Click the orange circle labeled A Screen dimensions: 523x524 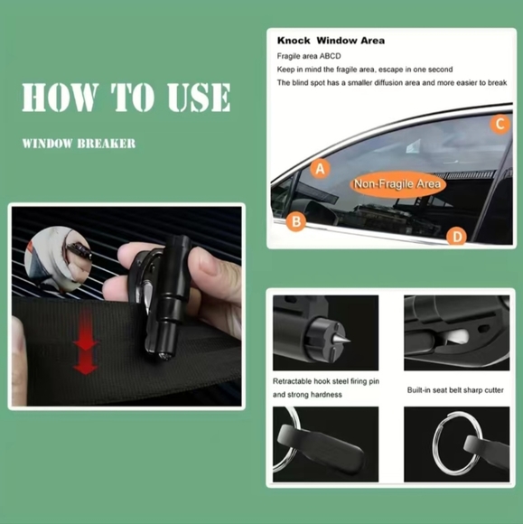coord(320,168)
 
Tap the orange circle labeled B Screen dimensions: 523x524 coord(296,221)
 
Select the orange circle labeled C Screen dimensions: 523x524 coord(500,124)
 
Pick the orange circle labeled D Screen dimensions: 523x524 coord(456,236)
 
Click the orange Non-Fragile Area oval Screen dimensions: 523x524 coord(397,183)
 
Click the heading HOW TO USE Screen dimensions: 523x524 coord(126,98)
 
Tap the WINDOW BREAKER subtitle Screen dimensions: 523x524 coord(79,144)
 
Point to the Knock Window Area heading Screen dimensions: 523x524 coord(331,41)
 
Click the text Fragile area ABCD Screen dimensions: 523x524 coord(309,56)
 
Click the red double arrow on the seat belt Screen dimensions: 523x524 coord(86,341)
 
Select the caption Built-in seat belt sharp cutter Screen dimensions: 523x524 coord(455,390)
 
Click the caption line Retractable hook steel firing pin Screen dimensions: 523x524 coord(326,381)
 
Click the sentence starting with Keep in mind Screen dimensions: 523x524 coord(365,70)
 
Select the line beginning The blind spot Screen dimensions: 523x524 coord(392,83)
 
